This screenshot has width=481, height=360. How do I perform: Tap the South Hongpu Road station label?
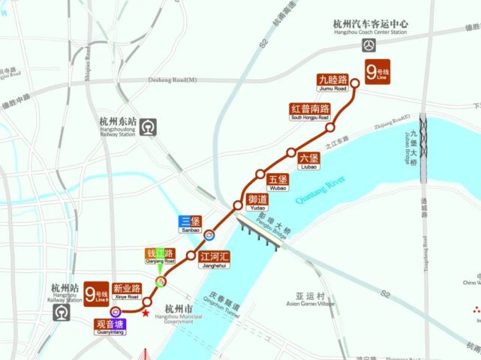click(x=310, y=112)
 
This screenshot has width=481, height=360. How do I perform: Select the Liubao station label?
click(x=309, y=160)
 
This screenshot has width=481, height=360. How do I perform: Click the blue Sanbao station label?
click(x=191, y=224)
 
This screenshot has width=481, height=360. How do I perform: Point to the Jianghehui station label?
click(x=215, y=259)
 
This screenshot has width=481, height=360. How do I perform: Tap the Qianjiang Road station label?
click(x=159, y=256)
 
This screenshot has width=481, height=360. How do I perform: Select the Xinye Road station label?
click(x=126, y=292)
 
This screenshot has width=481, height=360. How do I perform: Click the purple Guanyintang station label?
click(x=110, y=325)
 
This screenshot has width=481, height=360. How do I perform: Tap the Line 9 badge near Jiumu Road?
click(x=374, y=73)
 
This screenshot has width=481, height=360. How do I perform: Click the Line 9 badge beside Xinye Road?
click(x=96, y=294)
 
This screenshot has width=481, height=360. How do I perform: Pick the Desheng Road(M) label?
click(x=173, y=80)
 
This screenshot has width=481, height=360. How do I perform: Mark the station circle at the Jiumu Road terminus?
click(x=356, y=83)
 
